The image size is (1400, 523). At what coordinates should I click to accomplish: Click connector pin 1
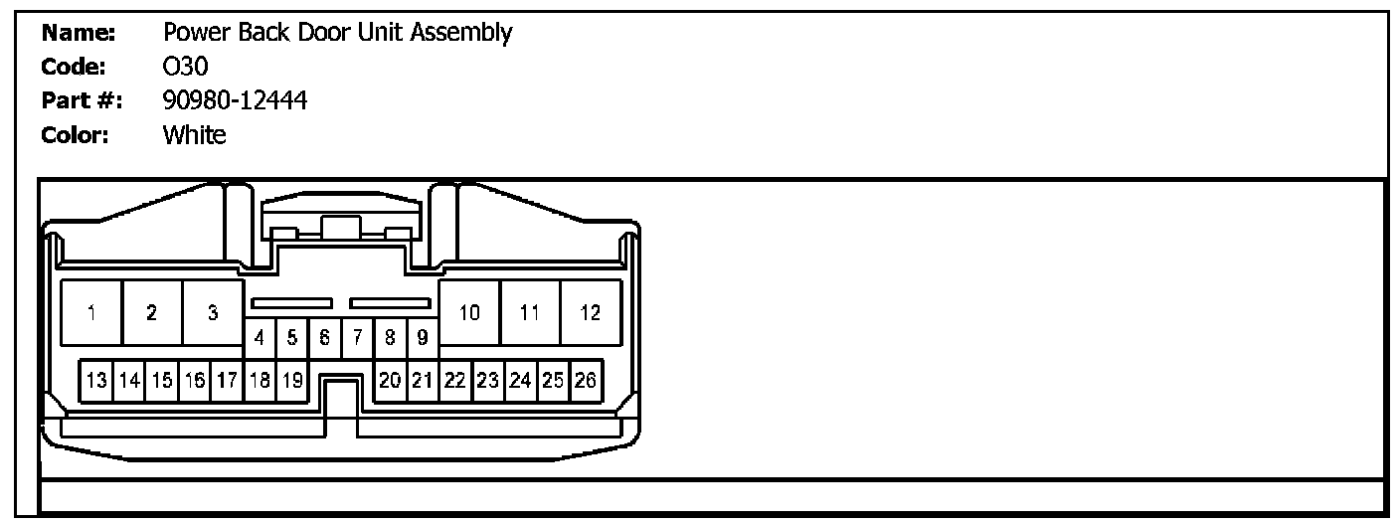click(91, 313)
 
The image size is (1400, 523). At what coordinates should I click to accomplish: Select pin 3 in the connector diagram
click(213, 313)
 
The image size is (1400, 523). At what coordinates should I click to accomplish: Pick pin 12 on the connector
click(591, 313)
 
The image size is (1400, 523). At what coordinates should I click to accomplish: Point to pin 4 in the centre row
click(260, 338)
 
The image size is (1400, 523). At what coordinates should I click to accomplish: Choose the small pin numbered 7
click(357, 338)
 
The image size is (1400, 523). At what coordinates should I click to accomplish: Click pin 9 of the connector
click(423, 338)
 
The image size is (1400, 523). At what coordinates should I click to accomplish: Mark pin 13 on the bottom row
click(96, 380)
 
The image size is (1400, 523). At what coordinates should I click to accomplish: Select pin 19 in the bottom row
click(291, 380)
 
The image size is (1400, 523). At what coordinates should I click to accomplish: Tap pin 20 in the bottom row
click(390, 380)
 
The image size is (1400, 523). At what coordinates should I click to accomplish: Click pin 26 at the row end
click(586, 380)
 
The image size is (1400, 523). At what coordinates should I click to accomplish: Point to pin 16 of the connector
click(195, 380)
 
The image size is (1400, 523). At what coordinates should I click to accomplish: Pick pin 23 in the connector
click(487, 380)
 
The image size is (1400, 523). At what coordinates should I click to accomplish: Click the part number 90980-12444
click(235, 99)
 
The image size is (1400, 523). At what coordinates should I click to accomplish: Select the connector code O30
click(185, 67)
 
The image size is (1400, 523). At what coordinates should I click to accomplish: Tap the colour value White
click(195, 134)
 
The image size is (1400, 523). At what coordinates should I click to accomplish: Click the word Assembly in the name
click(466, 34)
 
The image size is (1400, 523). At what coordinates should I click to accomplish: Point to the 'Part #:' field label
click(81, 100)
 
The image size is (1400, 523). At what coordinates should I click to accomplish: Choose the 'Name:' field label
click(80, 34)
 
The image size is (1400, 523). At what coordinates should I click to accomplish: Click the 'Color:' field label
click(75, 134)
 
